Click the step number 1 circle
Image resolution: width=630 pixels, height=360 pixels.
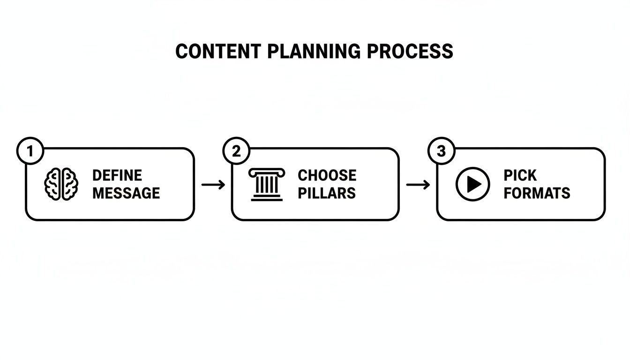[x=30, y=151]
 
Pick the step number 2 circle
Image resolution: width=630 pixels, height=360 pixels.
[x=236, y=151]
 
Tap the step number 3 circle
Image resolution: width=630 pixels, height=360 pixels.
[x=441, y=151]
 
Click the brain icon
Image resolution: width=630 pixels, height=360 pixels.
[x=60, y=184]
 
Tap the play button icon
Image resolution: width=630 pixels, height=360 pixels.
[x=472, y=184]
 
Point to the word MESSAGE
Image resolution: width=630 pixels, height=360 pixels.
[x=126, y=193]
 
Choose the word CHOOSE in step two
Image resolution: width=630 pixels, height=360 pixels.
[x=327, y=176]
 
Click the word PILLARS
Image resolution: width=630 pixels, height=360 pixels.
[x=326, y=193]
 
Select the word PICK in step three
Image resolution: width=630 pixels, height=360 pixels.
[x=520, y=176]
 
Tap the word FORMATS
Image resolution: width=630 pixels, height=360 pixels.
[x=537, y=193]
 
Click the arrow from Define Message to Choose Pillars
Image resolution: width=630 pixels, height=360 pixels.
[x=213, y=185]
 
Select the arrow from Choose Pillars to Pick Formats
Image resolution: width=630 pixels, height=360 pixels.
[x=418, y=185]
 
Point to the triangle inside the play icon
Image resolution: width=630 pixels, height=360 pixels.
[x=474, y=184]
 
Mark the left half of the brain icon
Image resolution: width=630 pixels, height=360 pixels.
[x=53, y=184]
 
